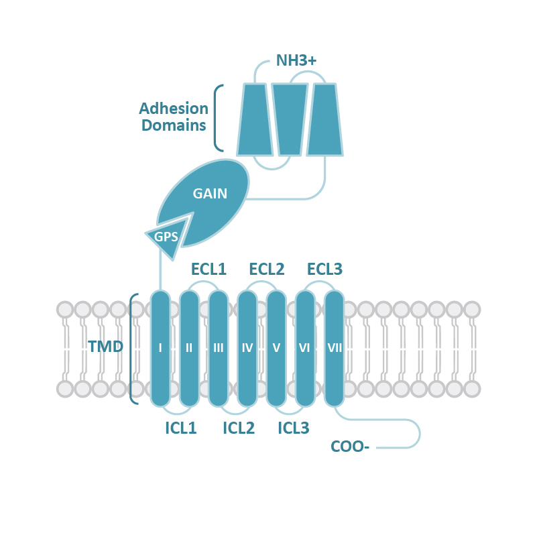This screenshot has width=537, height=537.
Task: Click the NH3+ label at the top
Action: (x=296, y=62)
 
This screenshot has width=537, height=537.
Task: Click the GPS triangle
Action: (x=166, y=237)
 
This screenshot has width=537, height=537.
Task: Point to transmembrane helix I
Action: (x=160, y=348)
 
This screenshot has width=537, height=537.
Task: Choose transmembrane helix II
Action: (x=189, y=348)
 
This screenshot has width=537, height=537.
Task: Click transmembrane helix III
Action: (x=219, y=348)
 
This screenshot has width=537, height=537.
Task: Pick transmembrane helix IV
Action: (x=247, y=348)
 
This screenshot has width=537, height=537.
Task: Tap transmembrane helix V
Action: (x=276, y=348)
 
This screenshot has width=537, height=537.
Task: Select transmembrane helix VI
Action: (x=305, y=348)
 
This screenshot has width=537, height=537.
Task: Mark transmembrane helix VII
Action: (x=334, y=348)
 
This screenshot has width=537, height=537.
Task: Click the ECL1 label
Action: (x=208, y=270)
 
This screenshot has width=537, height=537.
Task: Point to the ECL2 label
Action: (x=267, y=270)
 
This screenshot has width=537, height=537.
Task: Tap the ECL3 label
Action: (x=324, y=270)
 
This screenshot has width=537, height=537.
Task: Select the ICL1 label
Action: (x=180, y=428)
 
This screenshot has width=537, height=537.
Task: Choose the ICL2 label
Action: (x=239, y=428)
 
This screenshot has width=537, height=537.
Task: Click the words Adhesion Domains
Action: (x=173, y=117)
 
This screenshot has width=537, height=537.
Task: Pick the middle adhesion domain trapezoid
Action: (x=289, y=119)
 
